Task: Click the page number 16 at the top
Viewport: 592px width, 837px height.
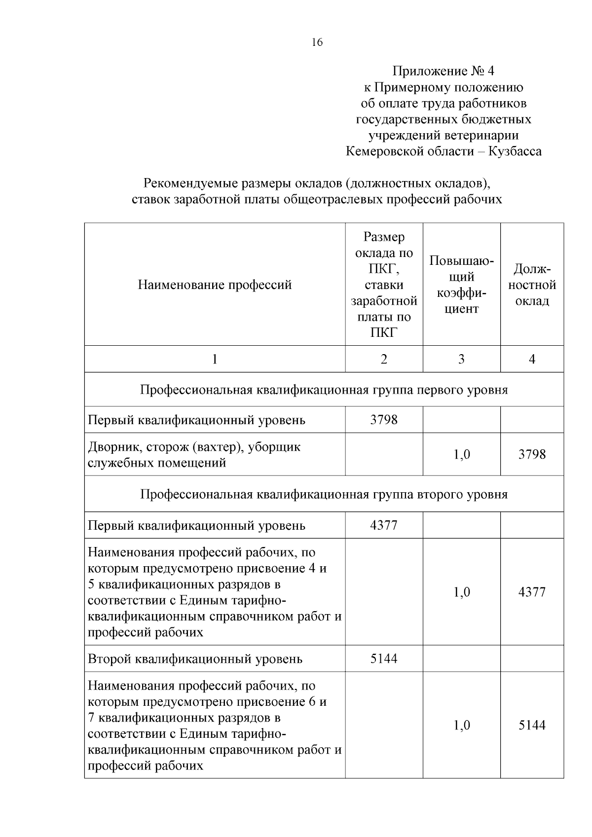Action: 317,42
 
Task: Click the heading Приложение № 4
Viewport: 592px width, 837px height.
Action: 443,71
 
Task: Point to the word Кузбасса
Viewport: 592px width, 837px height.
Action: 515,151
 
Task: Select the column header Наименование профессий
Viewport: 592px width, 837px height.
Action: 215,285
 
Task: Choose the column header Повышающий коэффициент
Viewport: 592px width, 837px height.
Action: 461,285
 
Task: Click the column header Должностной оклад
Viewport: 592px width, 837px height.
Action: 532,285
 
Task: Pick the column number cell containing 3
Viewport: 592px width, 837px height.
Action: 461,359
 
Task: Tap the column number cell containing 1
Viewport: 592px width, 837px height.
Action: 215,359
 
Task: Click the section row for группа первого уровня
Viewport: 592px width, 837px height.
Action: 324,390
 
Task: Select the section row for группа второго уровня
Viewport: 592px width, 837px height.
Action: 324,494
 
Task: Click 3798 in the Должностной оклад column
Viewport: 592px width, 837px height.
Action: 532,454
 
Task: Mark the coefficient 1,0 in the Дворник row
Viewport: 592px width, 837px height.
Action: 461,454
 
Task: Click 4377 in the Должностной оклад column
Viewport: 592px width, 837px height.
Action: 532,592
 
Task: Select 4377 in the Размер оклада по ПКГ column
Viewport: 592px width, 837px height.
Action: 384,525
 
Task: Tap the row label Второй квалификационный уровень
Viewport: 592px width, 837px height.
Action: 195,659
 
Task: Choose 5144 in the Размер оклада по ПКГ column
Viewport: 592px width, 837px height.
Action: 384,659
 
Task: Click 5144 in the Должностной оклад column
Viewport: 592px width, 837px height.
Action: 532,725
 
